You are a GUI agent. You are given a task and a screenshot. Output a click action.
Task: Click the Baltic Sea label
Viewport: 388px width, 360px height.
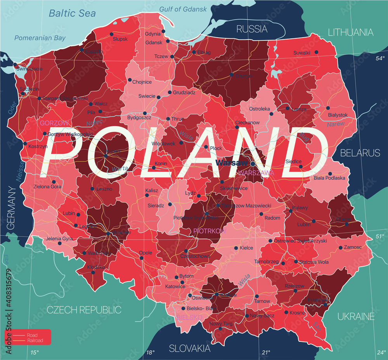[x=72, y=14]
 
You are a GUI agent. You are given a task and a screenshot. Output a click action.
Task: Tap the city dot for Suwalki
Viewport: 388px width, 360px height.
[x=316, y=52]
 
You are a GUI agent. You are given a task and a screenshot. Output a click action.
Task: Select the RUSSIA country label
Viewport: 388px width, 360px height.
[x=252, y=29]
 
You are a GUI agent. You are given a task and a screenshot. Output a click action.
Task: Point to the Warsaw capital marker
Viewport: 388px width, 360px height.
[x=253, y=164]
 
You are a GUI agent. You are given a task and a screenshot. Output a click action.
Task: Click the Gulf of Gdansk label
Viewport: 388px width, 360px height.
[x=183, y=9]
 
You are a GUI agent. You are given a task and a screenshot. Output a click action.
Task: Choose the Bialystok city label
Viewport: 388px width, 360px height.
[x=337, y=115]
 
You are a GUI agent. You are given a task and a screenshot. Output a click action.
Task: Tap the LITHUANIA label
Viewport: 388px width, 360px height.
[x=350, y=32]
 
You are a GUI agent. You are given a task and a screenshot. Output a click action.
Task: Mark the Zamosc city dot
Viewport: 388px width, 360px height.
[x=341, y=247]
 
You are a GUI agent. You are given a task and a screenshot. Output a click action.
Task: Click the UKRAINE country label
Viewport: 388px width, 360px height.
[x=356, y=316]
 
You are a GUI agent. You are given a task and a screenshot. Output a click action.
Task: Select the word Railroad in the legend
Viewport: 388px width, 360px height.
[x=35, y=341]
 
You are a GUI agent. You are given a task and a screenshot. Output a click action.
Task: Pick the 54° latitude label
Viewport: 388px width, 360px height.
[x=379, y=59]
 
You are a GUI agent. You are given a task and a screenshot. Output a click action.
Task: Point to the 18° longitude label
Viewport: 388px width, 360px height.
[x=150, y=352]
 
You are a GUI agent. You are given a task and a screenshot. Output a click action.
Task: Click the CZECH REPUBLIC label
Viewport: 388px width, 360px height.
[x=84, y=310]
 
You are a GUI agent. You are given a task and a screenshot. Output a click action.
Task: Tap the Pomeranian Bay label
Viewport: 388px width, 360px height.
[x=40, y=38]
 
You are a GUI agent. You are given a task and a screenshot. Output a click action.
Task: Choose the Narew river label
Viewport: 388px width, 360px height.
[x=335, y=124]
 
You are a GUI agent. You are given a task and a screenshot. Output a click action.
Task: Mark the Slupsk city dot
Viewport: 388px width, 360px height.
[x=112, y=33]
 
